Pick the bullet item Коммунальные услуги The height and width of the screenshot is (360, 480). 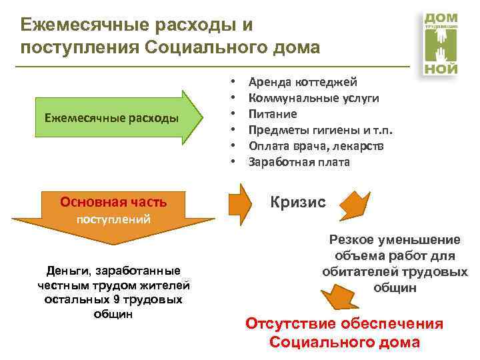point(313,98)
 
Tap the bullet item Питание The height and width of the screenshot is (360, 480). point(273,114)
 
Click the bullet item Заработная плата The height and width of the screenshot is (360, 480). point(299,162)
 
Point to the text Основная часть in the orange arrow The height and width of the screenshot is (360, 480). point(113,202)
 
